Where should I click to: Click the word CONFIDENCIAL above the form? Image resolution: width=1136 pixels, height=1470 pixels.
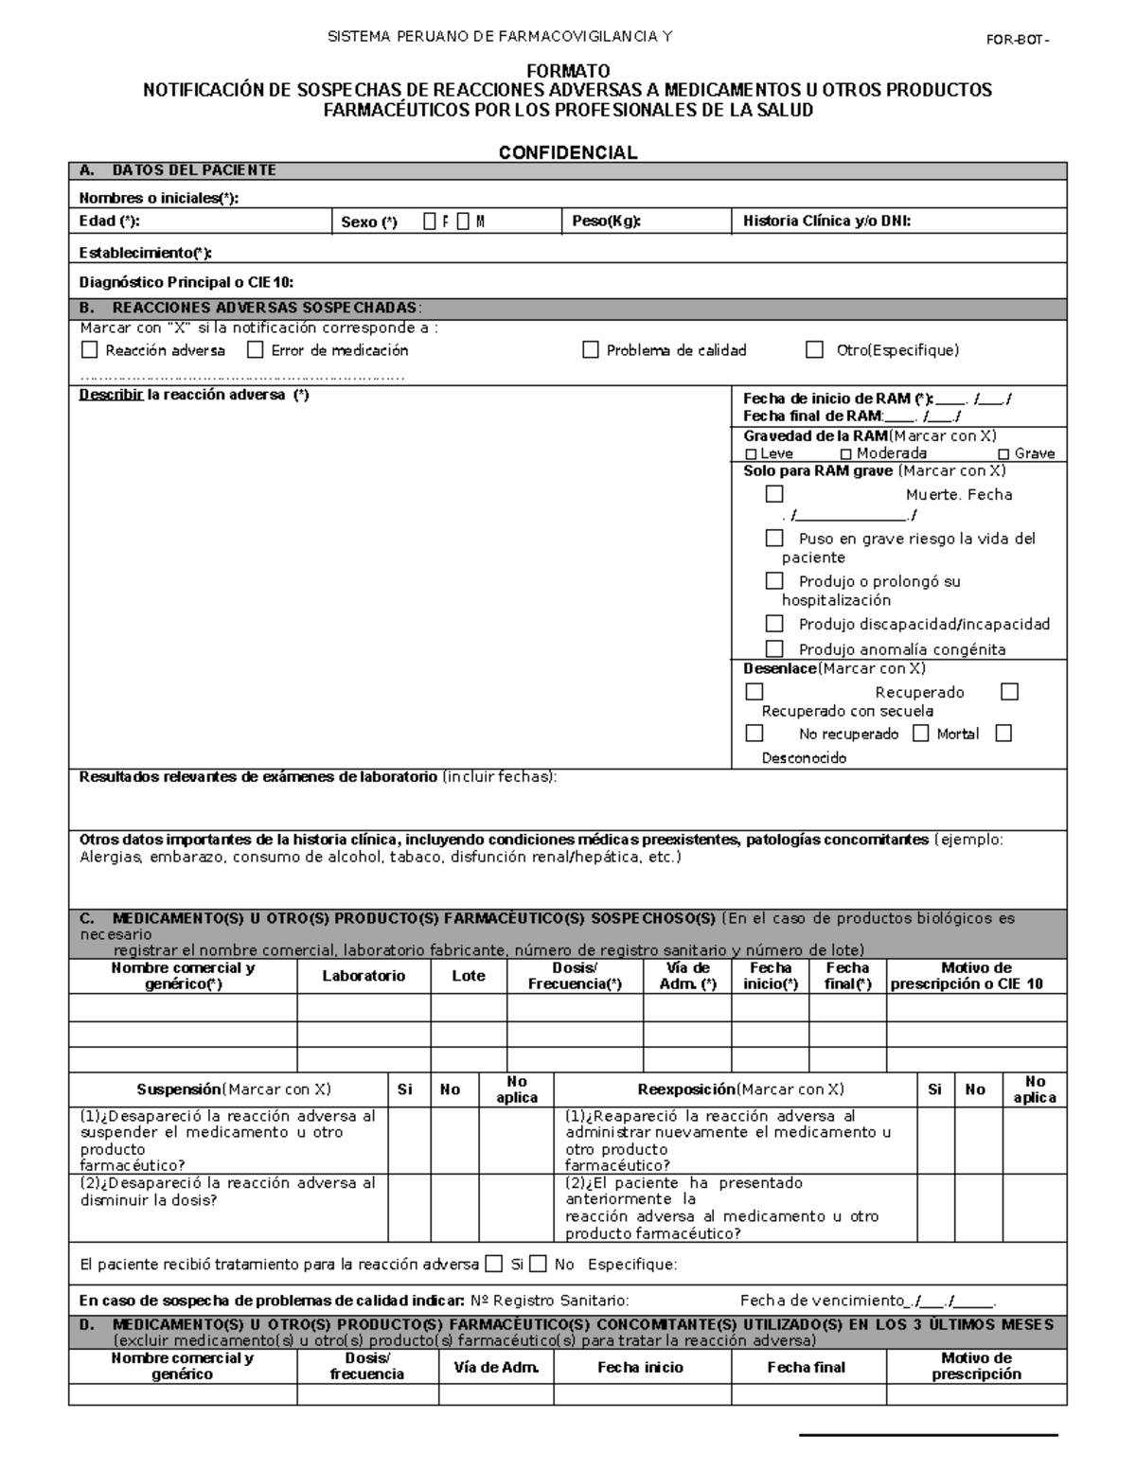(567, 152)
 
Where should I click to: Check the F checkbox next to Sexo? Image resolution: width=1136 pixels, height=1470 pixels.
(430, 221)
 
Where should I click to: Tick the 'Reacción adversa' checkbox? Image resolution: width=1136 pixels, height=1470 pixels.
(90, 350)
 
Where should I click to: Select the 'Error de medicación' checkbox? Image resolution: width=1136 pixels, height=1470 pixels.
(255, 350)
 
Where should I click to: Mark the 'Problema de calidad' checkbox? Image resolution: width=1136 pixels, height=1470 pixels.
(591, 350)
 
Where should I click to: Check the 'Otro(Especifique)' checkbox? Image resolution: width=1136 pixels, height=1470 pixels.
(814, 350)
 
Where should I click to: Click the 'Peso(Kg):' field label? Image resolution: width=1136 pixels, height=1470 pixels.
(607, 221)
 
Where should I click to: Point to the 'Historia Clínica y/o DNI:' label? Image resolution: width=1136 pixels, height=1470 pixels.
(826, 221)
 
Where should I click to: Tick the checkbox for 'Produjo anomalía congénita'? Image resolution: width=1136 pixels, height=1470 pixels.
(774, 648)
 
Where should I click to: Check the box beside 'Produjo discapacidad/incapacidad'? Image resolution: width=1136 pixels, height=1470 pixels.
(774, 624)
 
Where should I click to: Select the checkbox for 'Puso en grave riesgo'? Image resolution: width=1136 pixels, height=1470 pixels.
(774, 538)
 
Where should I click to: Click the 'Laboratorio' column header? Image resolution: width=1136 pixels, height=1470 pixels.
(364, 976)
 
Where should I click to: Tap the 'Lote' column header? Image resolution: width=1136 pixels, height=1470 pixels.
(469, 976)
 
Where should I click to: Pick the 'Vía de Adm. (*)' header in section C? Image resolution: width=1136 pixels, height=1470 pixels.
(687, 976)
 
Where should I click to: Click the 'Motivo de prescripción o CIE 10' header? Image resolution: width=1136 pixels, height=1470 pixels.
(976, 976)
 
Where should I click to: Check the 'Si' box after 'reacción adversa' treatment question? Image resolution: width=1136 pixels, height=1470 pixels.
(493, 1264)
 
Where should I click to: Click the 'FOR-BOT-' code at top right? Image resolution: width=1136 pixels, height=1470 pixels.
(1017, 39)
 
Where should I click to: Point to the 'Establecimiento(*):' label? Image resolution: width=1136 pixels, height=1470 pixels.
(146, 253)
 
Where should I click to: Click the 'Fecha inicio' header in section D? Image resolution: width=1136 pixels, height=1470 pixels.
(640, 1367)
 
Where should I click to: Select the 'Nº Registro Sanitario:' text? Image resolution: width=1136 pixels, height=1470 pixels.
(549, 1301)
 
